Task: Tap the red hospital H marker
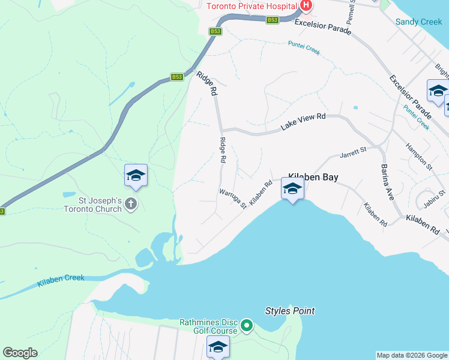(306, 6)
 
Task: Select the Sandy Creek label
(419, 22)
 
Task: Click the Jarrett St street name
(353, 154)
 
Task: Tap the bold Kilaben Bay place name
(313, 177)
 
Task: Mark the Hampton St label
(418, 154)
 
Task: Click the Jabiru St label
(435, 198)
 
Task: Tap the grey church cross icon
(130, 205)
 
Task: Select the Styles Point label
(290, 311)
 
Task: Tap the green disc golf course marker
(247, 326)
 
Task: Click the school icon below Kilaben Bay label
(292, 190)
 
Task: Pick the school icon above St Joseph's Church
(136, 175)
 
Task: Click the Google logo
(20, 353)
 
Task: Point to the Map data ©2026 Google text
(411, 355)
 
